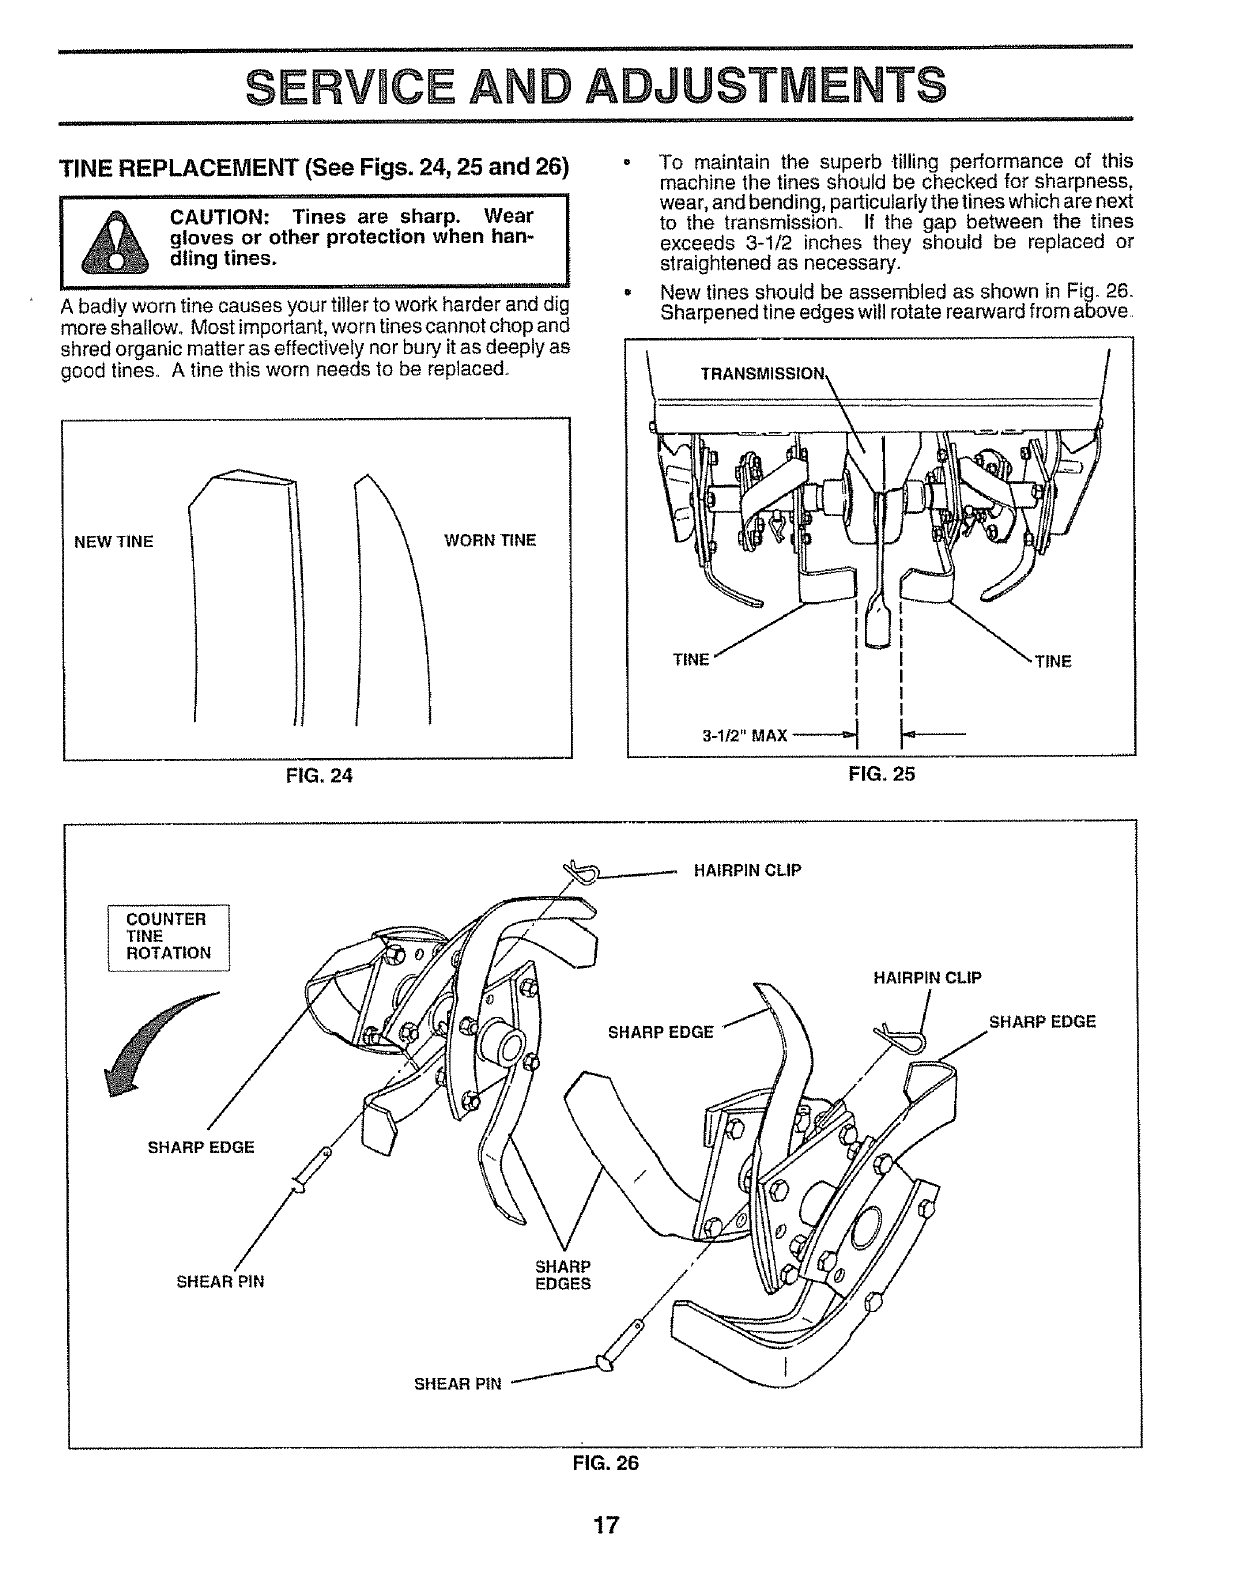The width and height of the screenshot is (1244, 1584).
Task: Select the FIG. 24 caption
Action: click(317, 774)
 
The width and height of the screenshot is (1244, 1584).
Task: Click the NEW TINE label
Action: click(114, 542)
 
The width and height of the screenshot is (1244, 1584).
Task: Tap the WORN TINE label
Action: click(490, 541)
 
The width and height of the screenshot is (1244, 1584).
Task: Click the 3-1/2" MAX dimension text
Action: click(745, 737)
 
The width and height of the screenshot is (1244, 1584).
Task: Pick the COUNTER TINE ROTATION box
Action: click(168, 936)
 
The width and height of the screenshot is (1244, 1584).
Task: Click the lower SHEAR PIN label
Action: click(457, 1384)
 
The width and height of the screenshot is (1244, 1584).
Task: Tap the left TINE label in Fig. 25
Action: click(690, 660)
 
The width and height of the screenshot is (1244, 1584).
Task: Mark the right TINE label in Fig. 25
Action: click(1053, 661)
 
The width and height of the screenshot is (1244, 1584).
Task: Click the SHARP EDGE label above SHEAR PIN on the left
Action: click(201, 1147)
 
